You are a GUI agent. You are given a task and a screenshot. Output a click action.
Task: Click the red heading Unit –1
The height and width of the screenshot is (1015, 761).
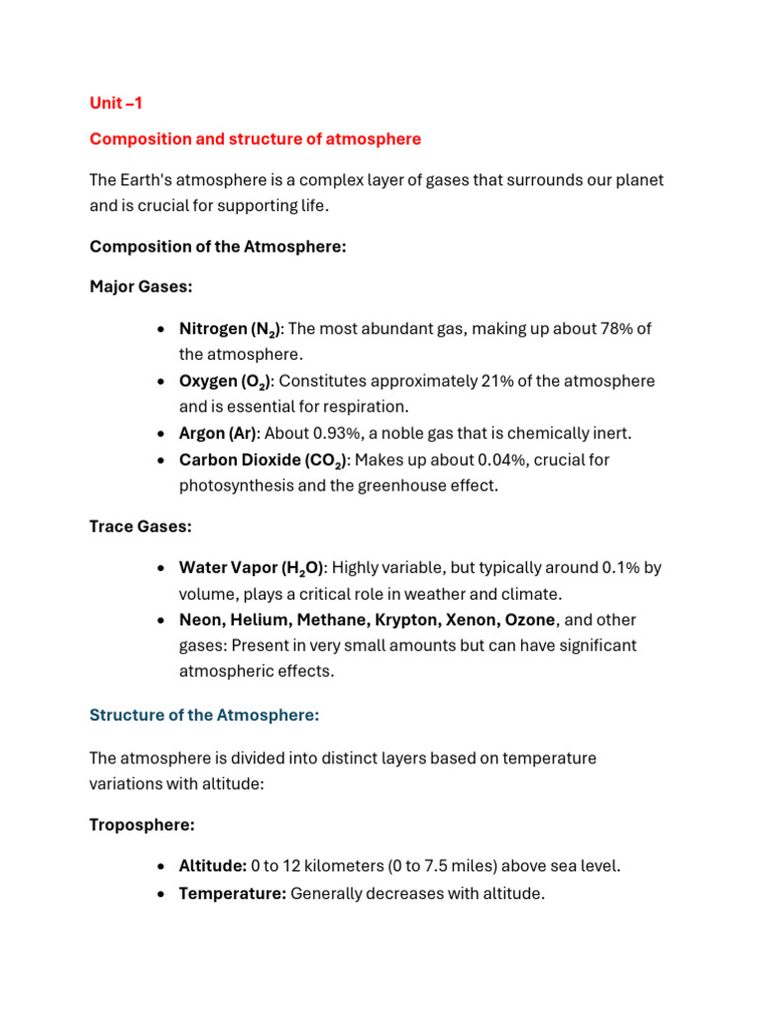[x=116, y=103]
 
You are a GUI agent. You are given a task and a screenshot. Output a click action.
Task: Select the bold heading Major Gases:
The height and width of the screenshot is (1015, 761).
[x=141, y=286]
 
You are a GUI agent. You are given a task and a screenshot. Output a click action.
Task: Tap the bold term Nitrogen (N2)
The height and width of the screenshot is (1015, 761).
[x=230, y=329]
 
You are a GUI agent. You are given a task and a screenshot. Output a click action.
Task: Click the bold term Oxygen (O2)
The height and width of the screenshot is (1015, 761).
[x=225, y=382]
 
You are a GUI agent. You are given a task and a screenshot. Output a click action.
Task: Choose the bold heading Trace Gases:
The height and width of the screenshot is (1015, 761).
[x=140, y=527]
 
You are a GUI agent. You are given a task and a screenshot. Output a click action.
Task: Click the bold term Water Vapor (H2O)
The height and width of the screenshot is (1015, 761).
[x=252, y=569]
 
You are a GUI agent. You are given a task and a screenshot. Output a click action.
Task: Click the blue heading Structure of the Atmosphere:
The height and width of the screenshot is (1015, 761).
[x=204, y=715]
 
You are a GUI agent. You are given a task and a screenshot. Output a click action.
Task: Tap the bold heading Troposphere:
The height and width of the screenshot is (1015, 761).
[x=142, y=825]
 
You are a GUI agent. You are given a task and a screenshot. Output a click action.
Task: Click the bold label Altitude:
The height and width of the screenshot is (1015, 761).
[x=212, y=866]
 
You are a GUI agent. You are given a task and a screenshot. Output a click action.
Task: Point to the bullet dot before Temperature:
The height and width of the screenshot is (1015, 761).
[x=161, y=894]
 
